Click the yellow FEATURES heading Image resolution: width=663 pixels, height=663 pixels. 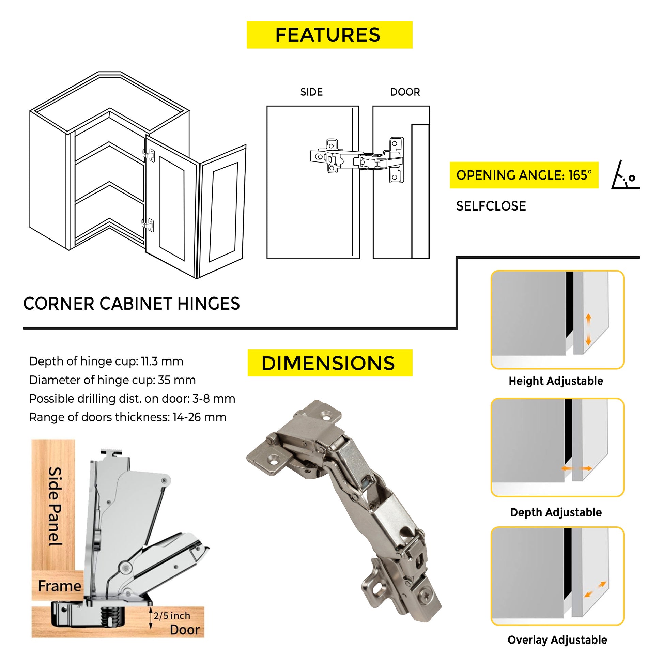329,35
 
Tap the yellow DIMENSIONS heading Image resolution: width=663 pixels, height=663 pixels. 328,363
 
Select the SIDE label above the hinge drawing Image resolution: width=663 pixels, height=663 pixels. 311,92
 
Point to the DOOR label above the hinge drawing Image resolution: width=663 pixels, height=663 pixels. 405,92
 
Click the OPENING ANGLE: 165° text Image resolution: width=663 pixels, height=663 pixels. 524,175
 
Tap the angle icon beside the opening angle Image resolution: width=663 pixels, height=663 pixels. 625,176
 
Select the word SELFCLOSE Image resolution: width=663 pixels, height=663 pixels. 491,206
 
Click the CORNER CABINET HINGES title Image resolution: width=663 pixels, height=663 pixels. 132,304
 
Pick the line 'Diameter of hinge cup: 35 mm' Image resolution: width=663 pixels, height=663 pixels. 112,380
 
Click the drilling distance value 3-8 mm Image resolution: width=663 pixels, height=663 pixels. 214,398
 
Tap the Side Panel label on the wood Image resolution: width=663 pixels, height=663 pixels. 55,507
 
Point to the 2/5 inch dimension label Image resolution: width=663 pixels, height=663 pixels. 172,616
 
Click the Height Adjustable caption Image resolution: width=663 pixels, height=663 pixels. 556,381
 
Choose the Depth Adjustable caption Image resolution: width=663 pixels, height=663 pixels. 556,512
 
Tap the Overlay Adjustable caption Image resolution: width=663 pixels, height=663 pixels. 557,640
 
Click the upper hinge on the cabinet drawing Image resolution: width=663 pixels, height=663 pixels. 149,155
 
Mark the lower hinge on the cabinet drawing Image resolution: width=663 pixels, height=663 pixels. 148,225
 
